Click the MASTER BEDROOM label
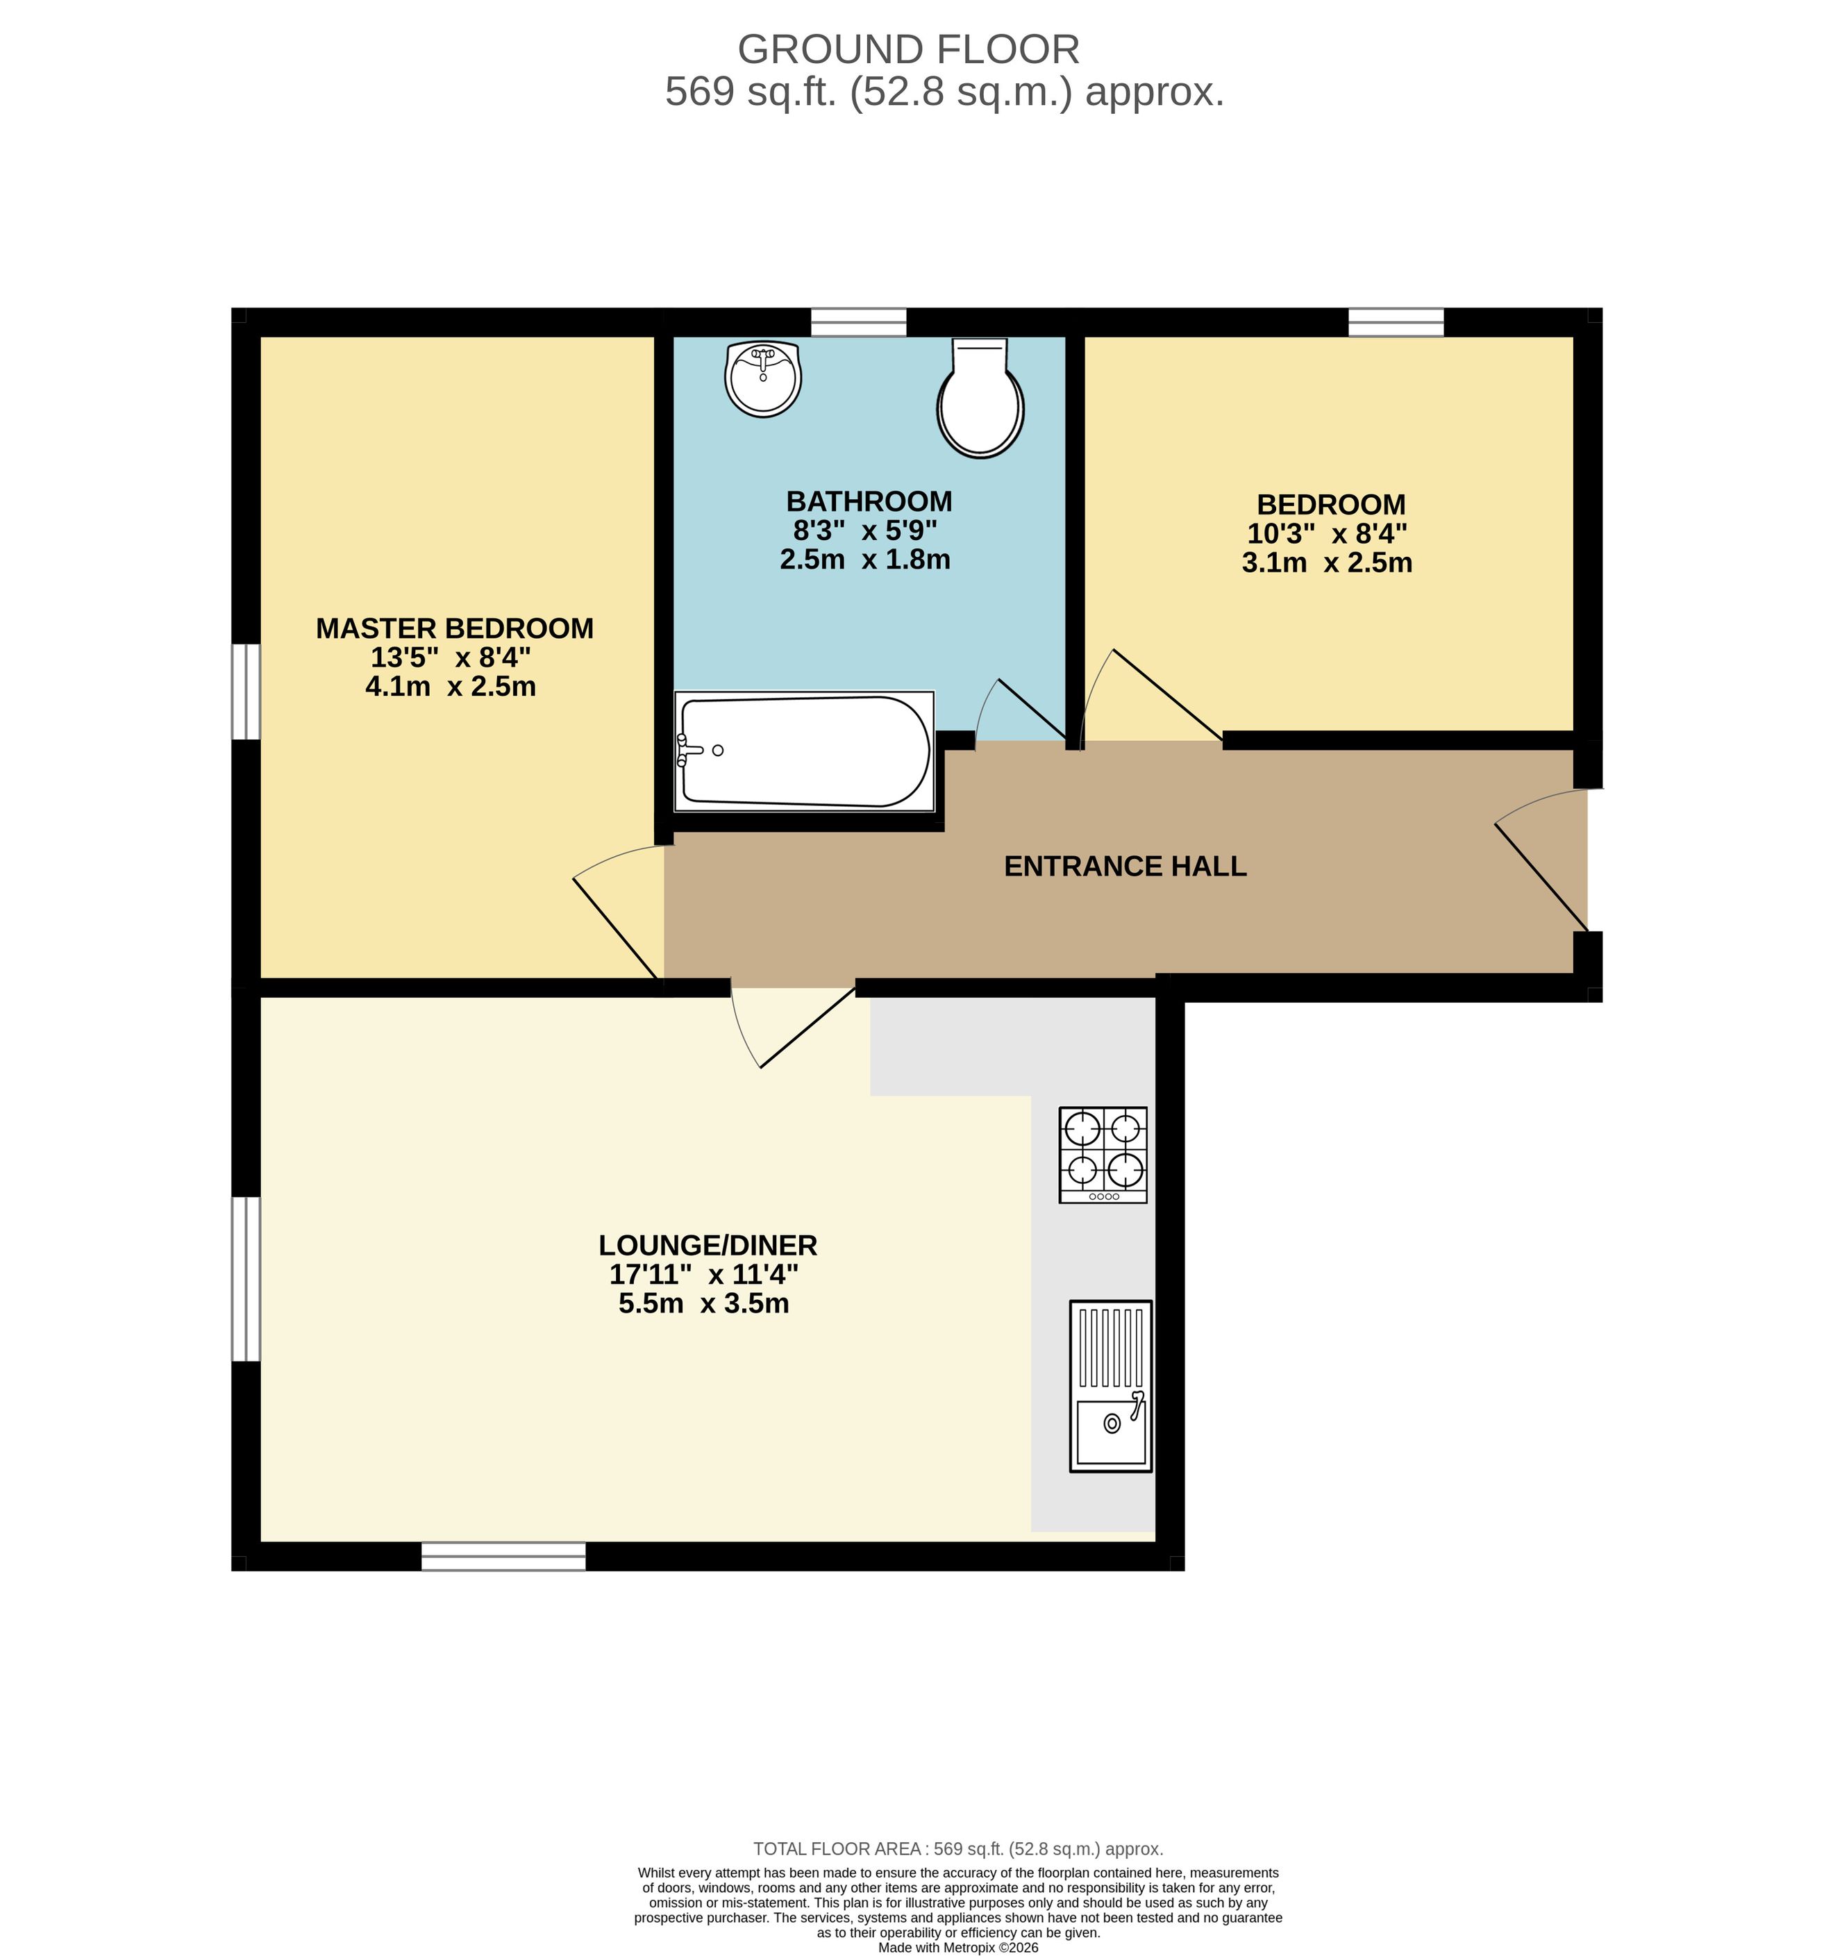pyautogui.click(x=455, y=628)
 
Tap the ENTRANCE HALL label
pyautogui.click(x=1125, y=866)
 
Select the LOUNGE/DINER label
pyautogui.click(x=708, y=1246)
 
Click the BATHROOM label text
pyautogui.click(x=869, y=502)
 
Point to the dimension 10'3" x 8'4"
pyautogui.click(x=1328, y=534)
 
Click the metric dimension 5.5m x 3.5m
pyautogui.click(x=703, y=1304)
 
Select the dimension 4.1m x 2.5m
pyautogui.click(x=451, y=687)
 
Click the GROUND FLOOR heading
pyautogui.click(x=908, y=49)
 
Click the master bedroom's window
pyautogui.click(x=246, y=691)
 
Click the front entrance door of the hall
pyautogui.click(x=1541, y=860)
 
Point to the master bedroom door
pyautogui.click(x=618, y=913)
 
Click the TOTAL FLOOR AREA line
pyautogui.click(x=958, y=1849)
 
